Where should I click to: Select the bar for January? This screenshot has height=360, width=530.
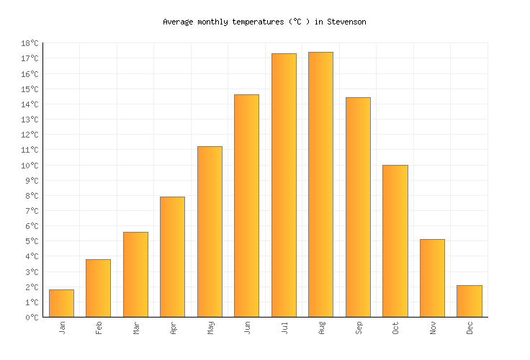point(61,303)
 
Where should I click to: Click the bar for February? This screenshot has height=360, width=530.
point(98,288)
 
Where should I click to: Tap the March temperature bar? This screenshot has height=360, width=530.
point(135,274)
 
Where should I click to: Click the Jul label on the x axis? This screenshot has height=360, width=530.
point(284,328)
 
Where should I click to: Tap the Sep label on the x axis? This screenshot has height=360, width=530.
point(359,328)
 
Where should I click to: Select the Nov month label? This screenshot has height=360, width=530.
point(433,328)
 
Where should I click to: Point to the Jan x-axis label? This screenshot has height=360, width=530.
point(62,328)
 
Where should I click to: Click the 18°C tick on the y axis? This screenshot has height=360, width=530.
point(30,44)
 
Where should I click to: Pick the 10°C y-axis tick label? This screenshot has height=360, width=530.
point(30,166)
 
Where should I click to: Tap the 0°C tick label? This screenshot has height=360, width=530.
point(32,318)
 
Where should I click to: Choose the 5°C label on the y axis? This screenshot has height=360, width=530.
point(32,242)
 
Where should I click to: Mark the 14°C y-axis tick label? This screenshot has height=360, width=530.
point(30,105)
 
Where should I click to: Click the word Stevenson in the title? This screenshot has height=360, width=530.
point(346,22)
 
